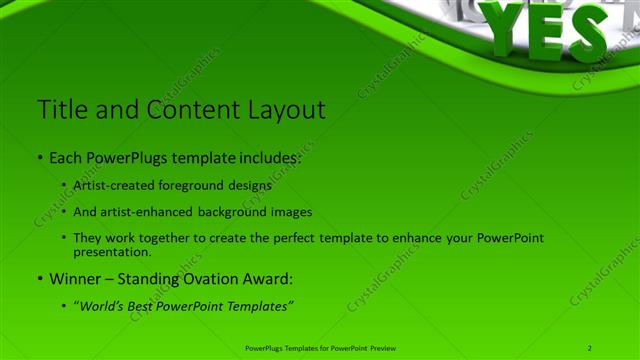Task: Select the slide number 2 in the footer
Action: pos(590,348)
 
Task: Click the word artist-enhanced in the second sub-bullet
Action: pos(141,211)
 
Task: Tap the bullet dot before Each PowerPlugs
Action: pos(39,158)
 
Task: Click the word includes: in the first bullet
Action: pos(271,158)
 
